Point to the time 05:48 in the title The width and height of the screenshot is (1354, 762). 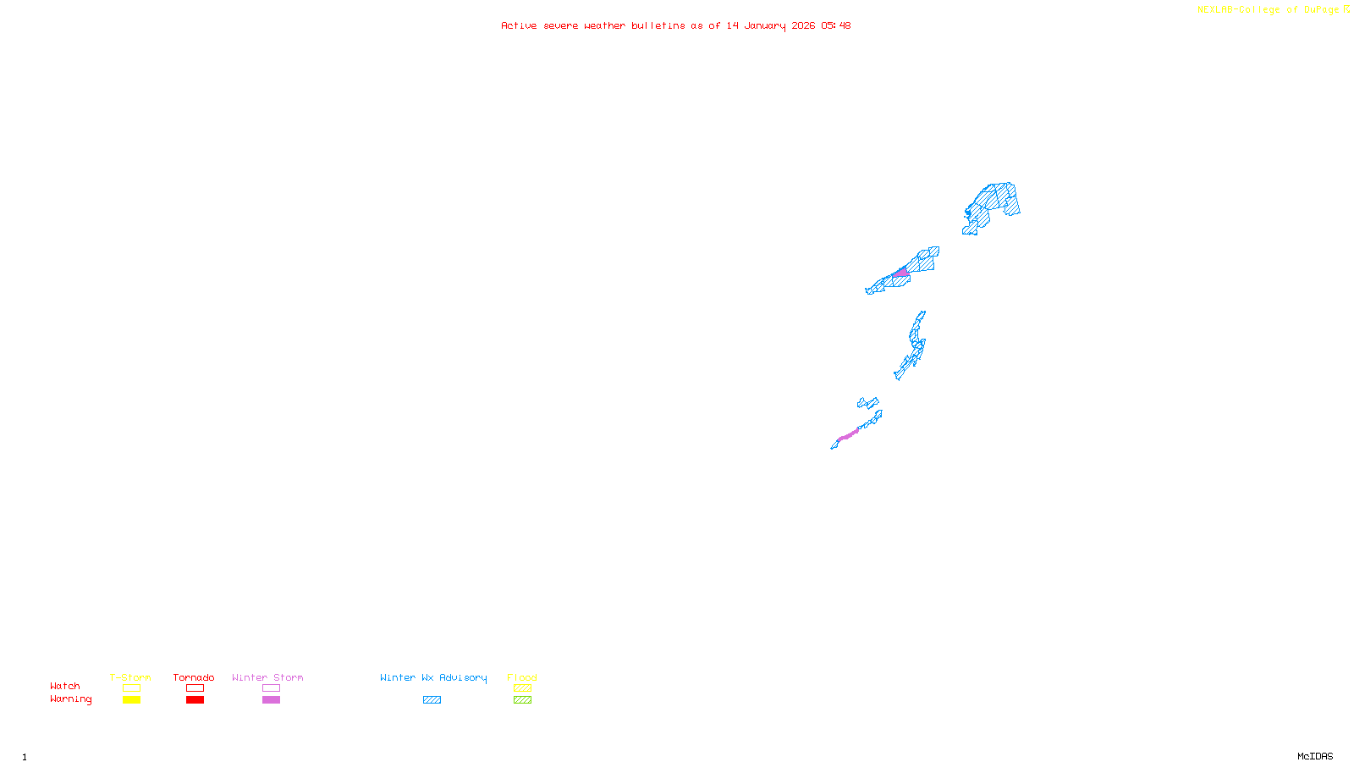coord(836,25)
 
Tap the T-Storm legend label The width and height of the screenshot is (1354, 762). coord(130,677)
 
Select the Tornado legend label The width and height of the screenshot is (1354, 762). coord(194,677)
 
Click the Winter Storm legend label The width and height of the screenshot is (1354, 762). coord(267,677)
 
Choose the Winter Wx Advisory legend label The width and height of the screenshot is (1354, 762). coord(433,677)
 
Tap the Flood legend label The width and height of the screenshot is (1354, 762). coord(522,677)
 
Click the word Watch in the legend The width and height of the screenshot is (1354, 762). coord(65,686)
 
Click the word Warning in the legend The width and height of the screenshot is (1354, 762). coord(71,699)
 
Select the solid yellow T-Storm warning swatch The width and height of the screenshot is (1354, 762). coord(131,700)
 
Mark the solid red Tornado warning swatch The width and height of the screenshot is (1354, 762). coord(195,700)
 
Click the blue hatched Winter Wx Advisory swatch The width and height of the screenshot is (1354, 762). coord(432,700)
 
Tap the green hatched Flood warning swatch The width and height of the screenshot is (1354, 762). coord(522,700)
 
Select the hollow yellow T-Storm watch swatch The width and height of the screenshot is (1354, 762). coord(131,688)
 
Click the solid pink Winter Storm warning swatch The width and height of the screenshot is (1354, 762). coord(271,700)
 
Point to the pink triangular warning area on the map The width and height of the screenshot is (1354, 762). coord(902,273)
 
